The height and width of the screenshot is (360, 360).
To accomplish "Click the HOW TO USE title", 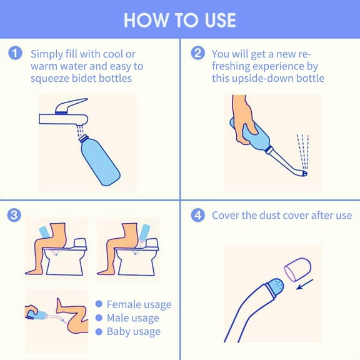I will (x=180, y=19).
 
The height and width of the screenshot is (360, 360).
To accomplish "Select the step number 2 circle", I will (x=197, y=54).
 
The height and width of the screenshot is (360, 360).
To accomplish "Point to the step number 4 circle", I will (x=197, y=216).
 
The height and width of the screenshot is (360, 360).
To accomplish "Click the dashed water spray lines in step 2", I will (x=302, y=151).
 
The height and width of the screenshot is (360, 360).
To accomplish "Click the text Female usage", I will (x=139, y=304).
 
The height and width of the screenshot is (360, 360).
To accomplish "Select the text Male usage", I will (x=132, y=317).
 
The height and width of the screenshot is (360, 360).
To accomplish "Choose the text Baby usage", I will (x=133, y=331).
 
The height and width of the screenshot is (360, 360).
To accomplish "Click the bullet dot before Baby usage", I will (x=99, y=331).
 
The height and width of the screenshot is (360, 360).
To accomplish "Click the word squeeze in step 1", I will (x=51, y=79).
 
